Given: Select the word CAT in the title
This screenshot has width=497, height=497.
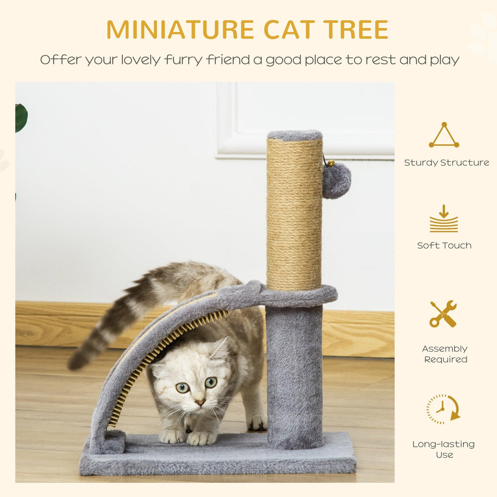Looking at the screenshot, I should [289, 29].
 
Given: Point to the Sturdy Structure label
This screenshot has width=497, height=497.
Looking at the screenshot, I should [447, 163].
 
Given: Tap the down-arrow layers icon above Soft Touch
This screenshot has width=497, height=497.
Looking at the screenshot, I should [444, 219].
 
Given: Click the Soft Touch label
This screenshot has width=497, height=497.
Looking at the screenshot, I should [444, 245].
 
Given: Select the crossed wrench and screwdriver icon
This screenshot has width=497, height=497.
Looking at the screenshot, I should [443, 314].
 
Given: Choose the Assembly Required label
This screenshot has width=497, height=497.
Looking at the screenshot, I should [445, 354].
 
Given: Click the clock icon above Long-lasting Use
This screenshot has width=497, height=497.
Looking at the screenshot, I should [442, 409].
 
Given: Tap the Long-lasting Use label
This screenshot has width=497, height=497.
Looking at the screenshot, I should [444, 449].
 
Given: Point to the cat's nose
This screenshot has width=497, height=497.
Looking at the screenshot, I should [199, 403].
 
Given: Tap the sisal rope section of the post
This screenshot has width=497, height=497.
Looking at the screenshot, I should [294, 213].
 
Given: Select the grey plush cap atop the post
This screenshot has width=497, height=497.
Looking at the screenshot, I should [295, 135].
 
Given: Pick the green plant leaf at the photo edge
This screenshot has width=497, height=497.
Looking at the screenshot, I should [20, 117].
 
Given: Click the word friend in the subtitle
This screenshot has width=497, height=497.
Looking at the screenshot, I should [228, 60].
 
